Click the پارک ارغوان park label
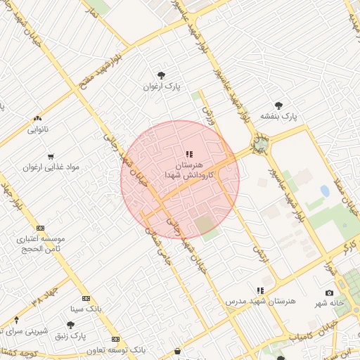[162, 86]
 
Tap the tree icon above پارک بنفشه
[279, 105]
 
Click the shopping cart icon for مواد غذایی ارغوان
[51, 156]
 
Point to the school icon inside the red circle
[188, 153]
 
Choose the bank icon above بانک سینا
[86, 298]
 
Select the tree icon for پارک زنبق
[70, 325]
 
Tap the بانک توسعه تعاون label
[116, 349]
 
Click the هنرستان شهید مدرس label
[261, 301]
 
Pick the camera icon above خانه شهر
[329, 292]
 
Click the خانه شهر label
[329, 303]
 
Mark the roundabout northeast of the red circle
[261, 144]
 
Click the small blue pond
[325, 191]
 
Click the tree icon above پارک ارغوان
[162, 75]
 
